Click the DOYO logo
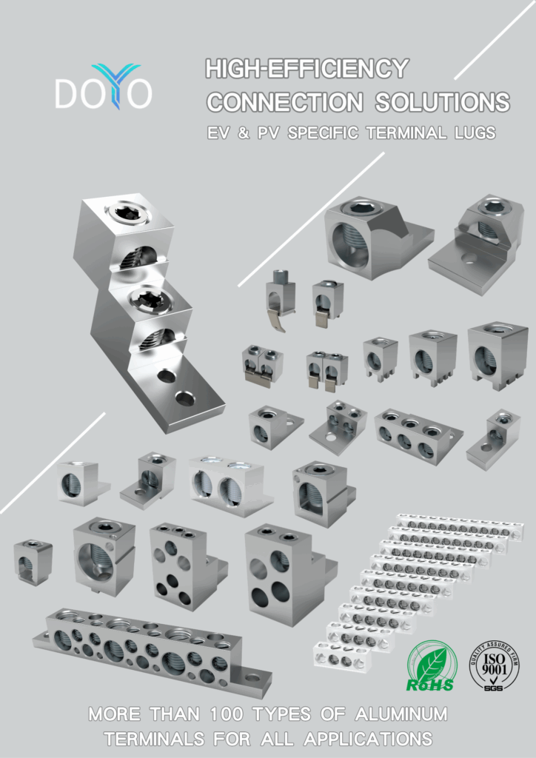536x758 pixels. [x=104, y=87]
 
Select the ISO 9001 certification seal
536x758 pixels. [x=494, y=665]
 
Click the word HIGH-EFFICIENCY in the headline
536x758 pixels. [x=307, y=69]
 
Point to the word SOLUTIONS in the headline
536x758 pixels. [x=442, y=102]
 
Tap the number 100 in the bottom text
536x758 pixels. [x=227, y=714]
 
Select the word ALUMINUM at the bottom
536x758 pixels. [x=401, y=714]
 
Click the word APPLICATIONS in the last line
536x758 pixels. [x=368, y=739]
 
